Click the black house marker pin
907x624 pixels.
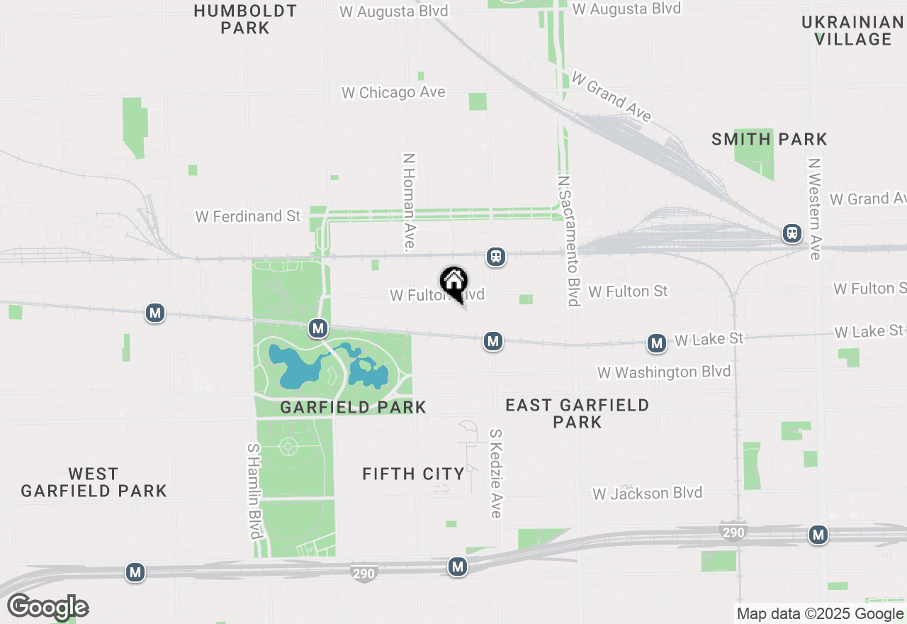click(x=453, y=283)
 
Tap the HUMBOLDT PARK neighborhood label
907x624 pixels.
click(x=245, y=19)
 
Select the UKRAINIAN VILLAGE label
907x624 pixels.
click(x=852, y=30)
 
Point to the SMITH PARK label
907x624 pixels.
click(x=770, y=139)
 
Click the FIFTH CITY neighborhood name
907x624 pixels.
click(x=413, y=474)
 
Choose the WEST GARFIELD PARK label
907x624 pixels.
click(x=94, y=481)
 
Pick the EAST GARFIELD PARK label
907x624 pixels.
click(x=577, y=413)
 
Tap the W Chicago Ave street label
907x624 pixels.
click(x=393, y=93)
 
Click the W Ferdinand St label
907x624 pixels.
click(x=248, y=216)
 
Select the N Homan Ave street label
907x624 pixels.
click(x=409, y=202)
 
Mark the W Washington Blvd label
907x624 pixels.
click(x=664, y=372)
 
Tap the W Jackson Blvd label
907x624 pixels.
click(x=648, y=494)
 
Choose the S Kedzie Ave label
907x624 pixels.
click(x=496, y=473)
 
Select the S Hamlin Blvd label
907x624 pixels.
click(x=254, y=491)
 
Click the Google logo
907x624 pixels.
click(x=47, y=607)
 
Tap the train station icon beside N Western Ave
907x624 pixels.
click(x=791, y=233)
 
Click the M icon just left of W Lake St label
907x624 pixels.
click(x=657, y=344)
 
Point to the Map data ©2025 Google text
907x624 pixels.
click(x=819, y=614)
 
